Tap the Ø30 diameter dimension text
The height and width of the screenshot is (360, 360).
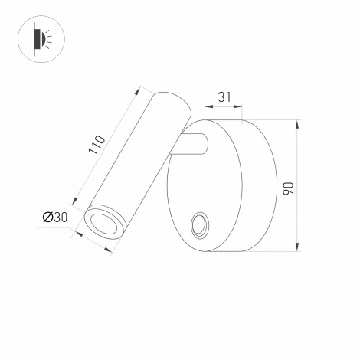(x=56, y=218)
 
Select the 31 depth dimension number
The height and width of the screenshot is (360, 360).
(x=224, y=97)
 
